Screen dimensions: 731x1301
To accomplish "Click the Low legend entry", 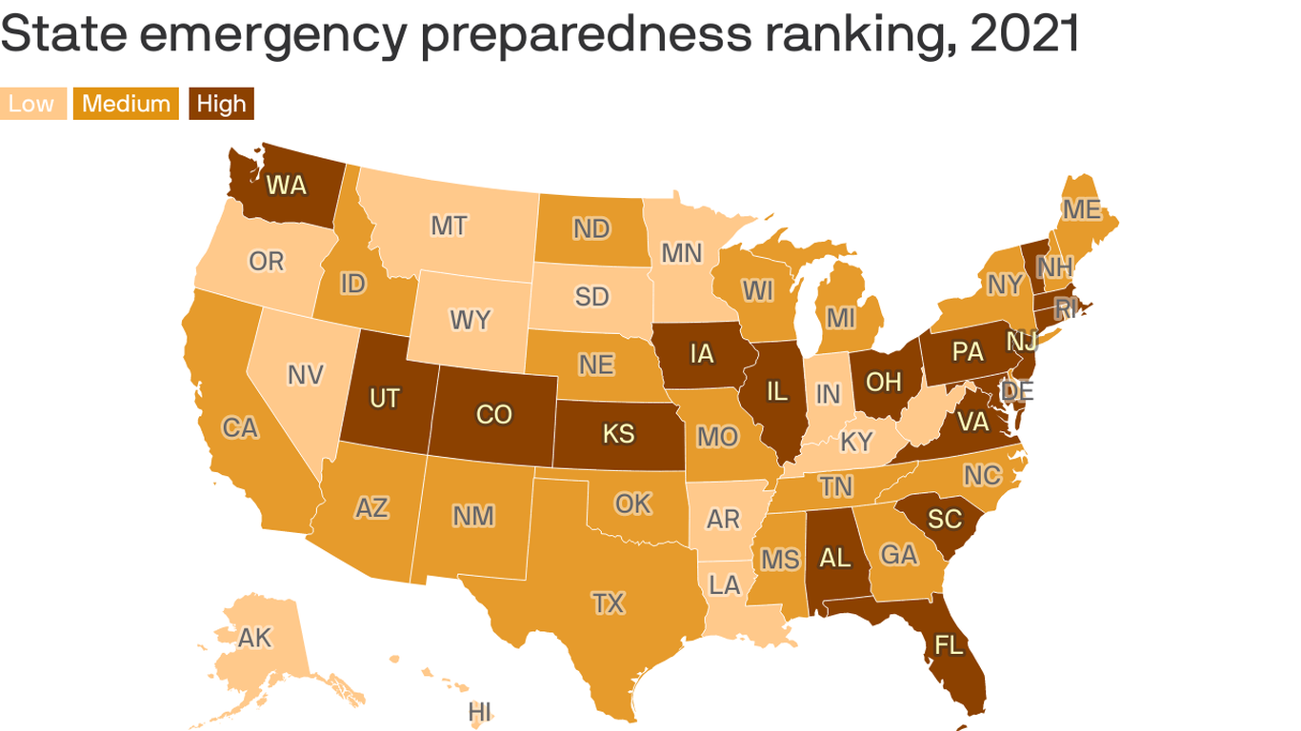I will click(32, 104).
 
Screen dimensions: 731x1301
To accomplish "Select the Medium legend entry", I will click(127, 104).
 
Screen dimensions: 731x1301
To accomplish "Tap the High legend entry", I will click(221, 104).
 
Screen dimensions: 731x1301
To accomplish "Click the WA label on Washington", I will click(286, 185).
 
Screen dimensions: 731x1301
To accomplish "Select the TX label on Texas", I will click(608, 603).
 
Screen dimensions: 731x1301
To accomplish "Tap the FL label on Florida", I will click(949, 645).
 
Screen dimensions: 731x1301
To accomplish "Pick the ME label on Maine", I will click(1081, 209).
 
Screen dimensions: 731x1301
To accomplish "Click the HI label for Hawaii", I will click(480, 712).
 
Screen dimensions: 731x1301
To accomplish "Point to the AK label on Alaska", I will click(255, 637).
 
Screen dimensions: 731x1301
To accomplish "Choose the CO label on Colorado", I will click(494, 415).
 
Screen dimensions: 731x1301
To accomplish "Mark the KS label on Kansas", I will click(618, 434).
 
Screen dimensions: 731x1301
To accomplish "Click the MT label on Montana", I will click(449, 226).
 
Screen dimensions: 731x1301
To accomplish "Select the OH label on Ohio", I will click(883, 382).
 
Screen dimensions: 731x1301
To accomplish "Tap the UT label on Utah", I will click(385, 398).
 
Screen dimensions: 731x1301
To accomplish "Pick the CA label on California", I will click(240, 427).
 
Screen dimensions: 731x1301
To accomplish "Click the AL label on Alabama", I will click(835, 558).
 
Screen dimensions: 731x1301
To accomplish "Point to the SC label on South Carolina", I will click(945, 519).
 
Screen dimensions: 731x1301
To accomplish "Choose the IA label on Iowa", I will click(702, 354).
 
